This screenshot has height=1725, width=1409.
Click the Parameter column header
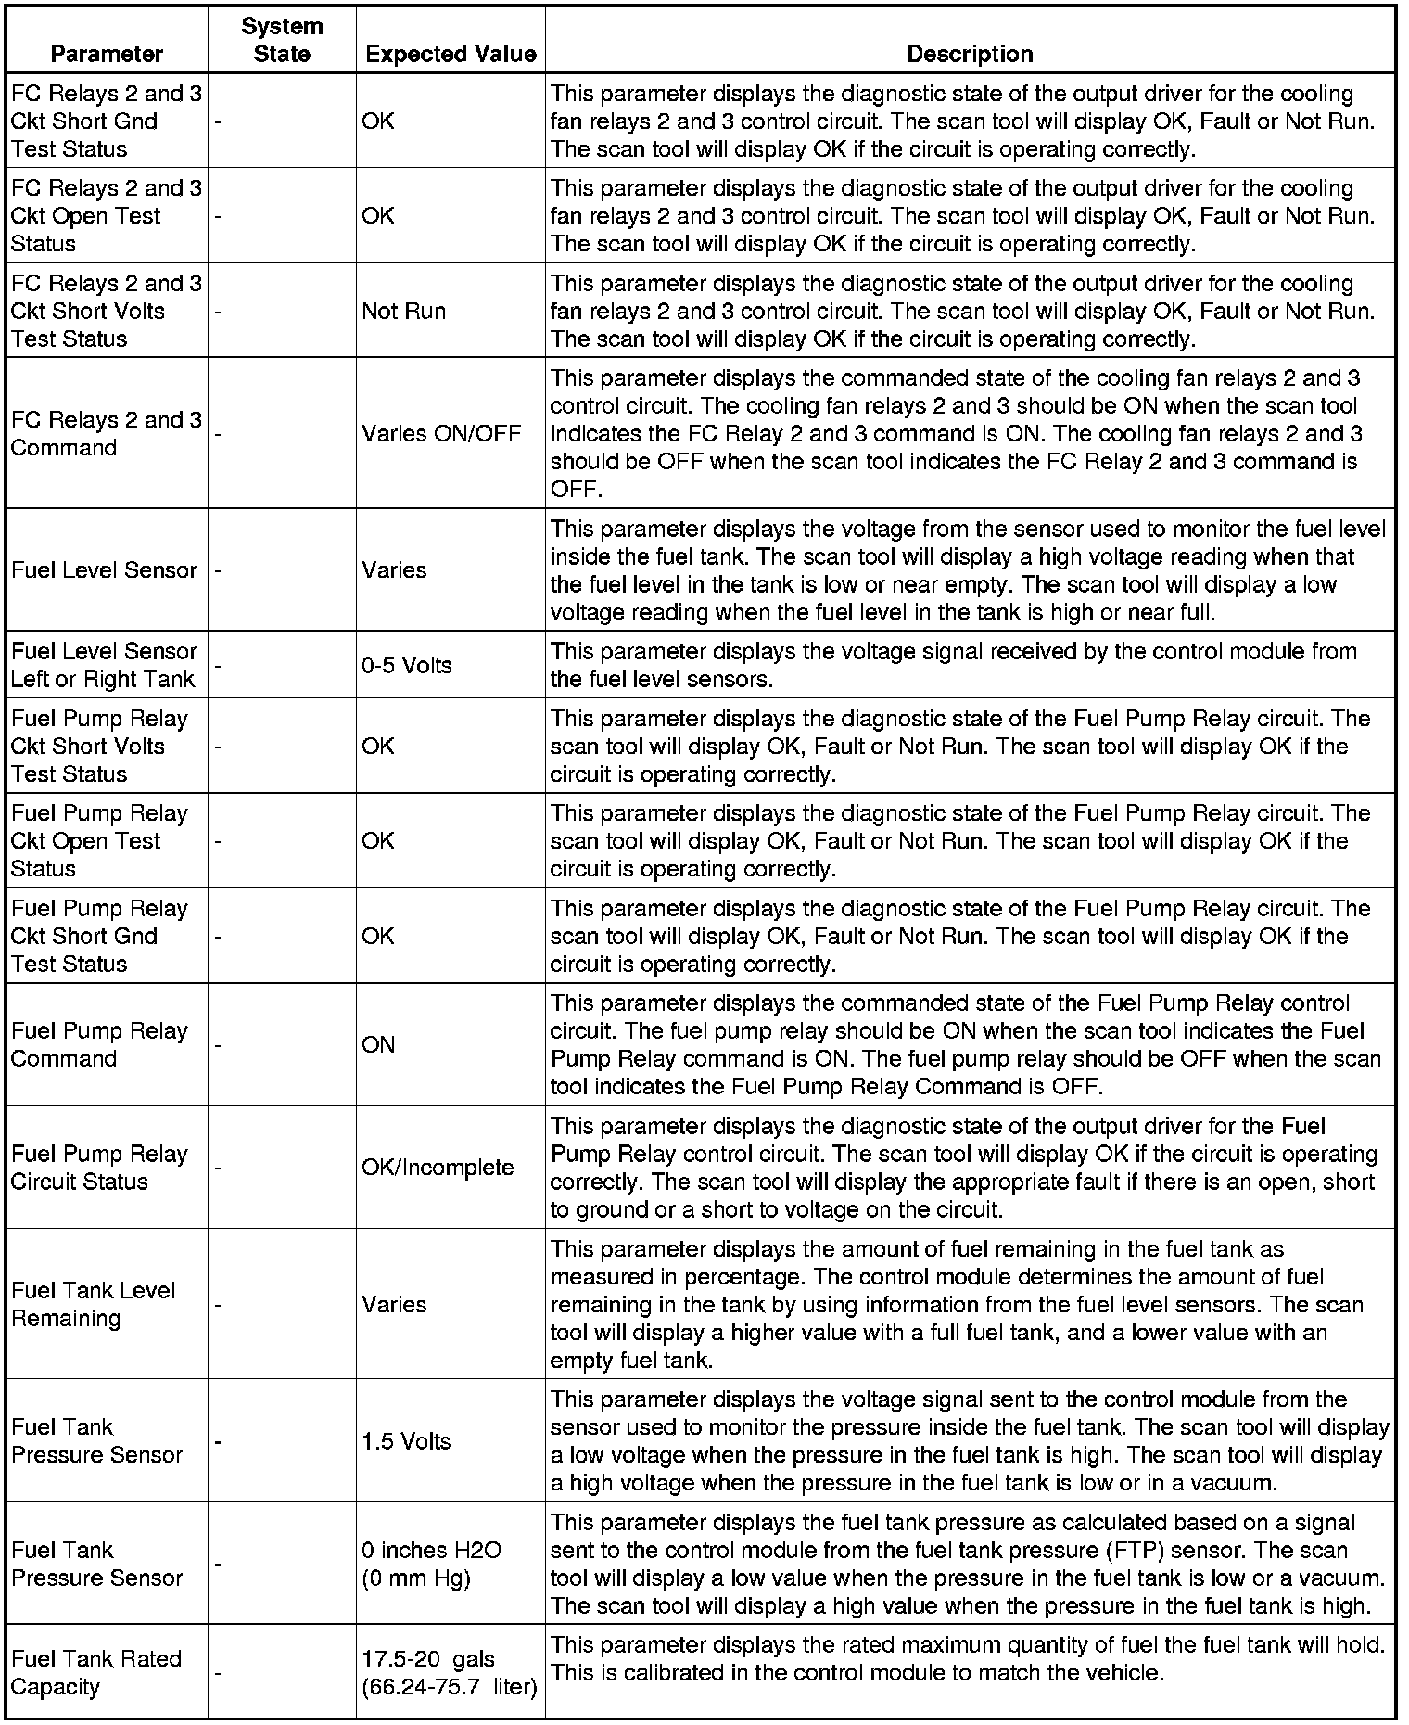point(107,54)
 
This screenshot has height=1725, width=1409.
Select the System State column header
point(282,41)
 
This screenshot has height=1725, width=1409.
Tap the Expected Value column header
point(451,54)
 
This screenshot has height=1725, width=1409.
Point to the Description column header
point(970,54)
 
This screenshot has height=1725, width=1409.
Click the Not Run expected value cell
point(404,311)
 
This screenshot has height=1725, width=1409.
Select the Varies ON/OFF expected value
point(441,433)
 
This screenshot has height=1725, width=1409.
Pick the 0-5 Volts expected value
point(407,665)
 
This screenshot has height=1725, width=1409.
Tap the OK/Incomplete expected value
point(438,1167)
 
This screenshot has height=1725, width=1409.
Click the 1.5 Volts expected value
point(406,1441)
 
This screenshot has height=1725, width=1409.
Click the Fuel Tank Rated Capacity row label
point(96,1672)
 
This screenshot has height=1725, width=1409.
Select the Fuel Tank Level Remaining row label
point(93,1304)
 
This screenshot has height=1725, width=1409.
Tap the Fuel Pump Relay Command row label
point(99,1044)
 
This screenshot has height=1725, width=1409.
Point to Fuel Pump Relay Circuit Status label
point(99,1167)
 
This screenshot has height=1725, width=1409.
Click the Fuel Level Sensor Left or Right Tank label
point(104,665)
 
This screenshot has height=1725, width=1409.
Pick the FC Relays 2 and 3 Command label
point(106,433)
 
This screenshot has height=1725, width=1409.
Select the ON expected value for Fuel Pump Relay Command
point(378,1044)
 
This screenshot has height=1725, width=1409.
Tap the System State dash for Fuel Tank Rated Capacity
point(217,1673)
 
